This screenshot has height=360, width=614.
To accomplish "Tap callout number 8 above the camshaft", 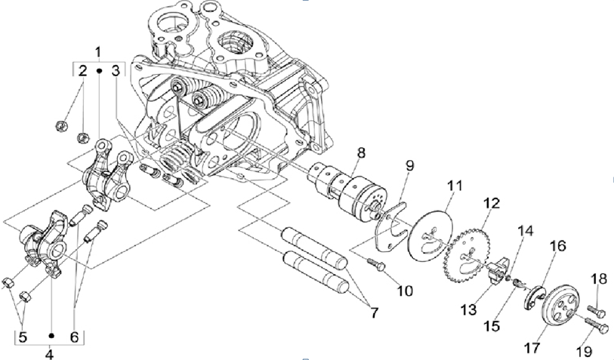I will (x=360, y=153).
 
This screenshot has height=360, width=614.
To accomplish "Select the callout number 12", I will (x=492, y=204).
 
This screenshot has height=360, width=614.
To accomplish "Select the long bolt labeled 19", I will (x=596, y=327).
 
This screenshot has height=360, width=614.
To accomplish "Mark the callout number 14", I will (x=525, y=229).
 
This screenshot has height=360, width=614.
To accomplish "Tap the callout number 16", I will (x=557, y=245).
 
